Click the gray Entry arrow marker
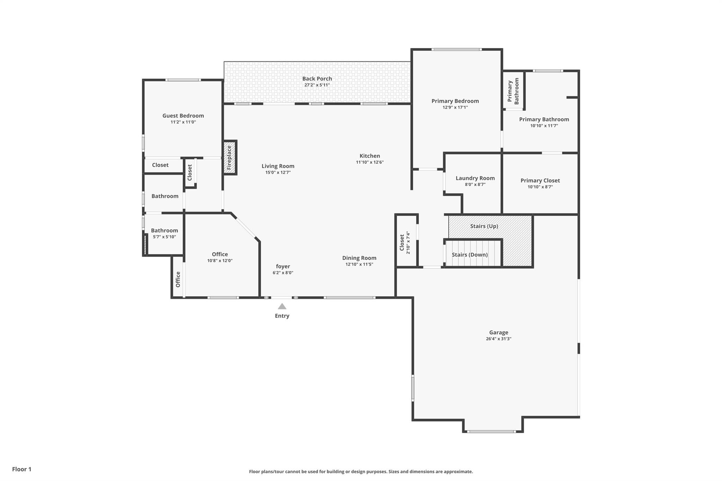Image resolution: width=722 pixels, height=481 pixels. click(282, 306)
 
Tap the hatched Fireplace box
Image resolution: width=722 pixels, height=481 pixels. click(230, 158)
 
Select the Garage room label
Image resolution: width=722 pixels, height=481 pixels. click(498, 332)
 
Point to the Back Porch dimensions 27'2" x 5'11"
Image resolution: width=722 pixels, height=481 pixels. click(317, 85)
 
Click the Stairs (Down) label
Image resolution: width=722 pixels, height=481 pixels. click(470, 255)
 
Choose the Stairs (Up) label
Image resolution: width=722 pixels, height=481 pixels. click(484, 226)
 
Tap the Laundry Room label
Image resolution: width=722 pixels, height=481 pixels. click(475, 178)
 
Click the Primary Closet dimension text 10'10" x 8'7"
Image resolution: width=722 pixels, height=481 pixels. click(540, 187)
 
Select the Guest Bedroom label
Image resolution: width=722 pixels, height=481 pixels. click(183, 116)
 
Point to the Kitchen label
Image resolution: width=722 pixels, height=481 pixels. click(370, 156)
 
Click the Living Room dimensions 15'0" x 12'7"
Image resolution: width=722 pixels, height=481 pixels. click(278, 172)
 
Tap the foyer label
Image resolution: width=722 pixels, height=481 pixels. click(283, 266)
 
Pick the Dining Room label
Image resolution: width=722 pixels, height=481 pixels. click(359, 258)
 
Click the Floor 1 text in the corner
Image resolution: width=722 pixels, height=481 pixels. click(22, 469)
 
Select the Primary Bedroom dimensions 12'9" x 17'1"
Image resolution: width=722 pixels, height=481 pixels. click(455, 107)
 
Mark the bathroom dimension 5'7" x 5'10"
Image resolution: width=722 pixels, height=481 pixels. click(164, 237)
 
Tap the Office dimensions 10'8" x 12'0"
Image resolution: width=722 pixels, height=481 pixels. click(220, 261)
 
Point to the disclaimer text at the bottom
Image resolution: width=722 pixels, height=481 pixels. click(361, 471)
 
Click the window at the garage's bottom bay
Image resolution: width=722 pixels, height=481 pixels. click(492, 431)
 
